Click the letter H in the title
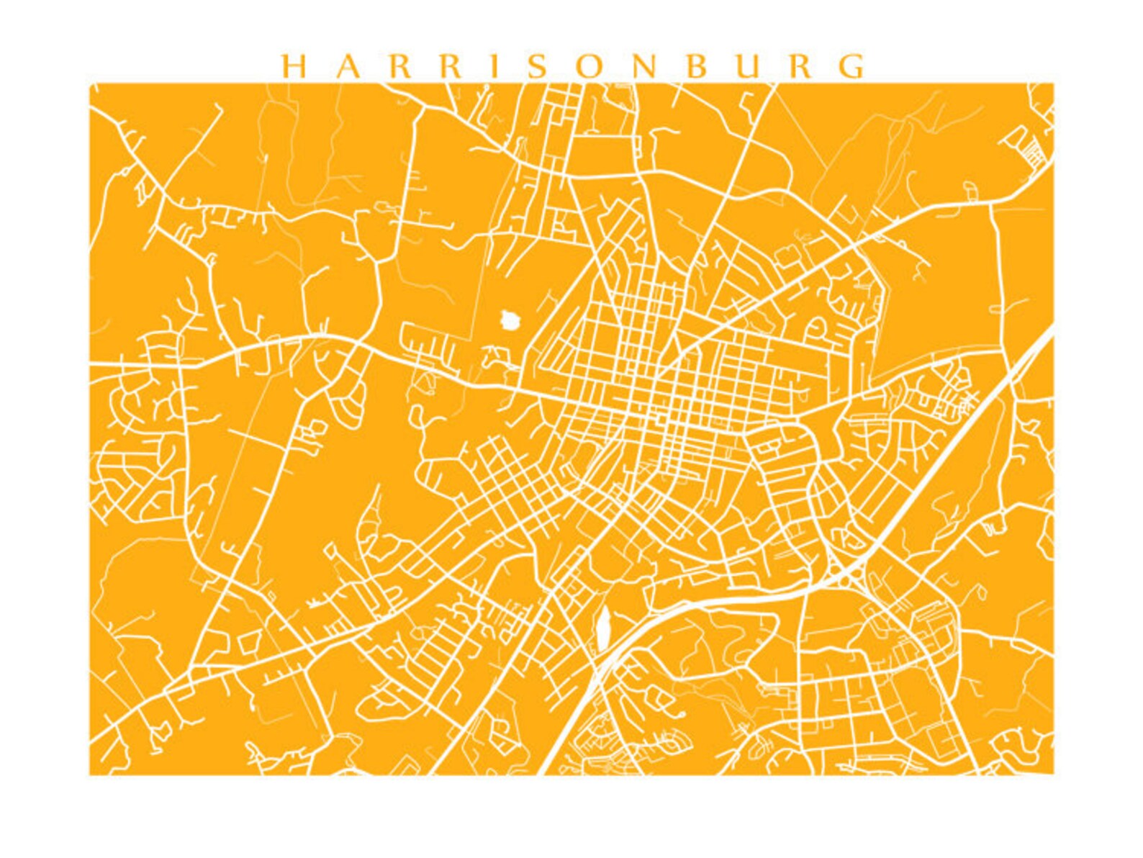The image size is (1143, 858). pyautogui.click(x=293, y=66)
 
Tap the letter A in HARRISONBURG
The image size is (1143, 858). pyautogui.click(x=348, y=66)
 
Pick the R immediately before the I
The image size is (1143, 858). pyautogui.click(x=453, y=66)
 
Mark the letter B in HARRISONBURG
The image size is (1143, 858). pyautogui.click(x=696, y=66)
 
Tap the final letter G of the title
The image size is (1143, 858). pyautogui.click(x=854, y=66)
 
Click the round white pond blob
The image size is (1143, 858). pyautogui.click(x=510, y=319)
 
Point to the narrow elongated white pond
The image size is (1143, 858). pyautogui.click(x=602, y=624)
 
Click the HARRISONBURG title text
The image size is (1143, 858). pyautogui.click(x=573, y=66)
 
